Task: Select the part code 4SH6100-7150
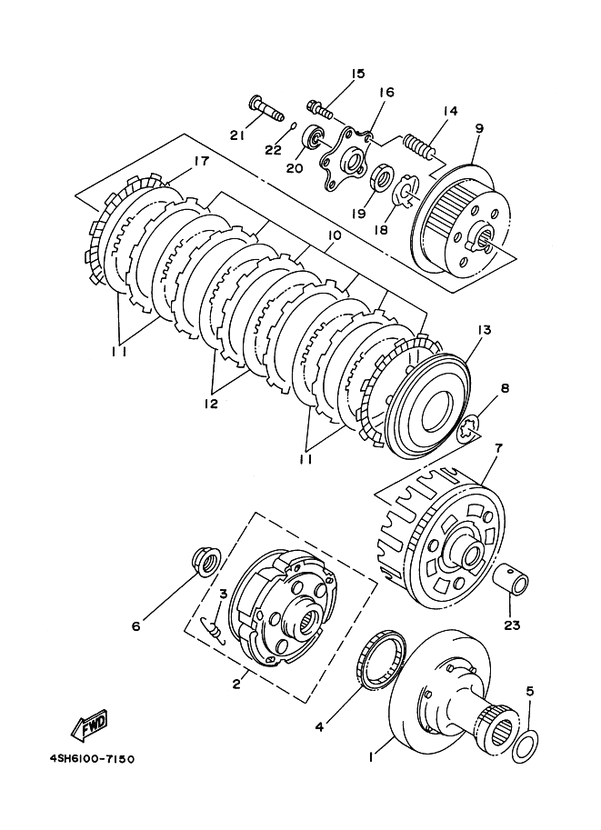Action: click(86, 755)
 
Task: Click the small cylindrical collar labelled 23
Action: click(513, 579)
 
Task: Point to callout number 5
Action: click(529, 690)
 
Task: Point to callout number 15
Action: click(355, 73)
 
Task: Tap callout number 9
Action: click(478, 128)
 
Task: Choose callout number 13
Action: click(481, 328)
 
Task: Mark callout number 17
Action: click(200, 162)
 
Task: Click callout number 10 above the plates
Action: click(334, 235)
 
